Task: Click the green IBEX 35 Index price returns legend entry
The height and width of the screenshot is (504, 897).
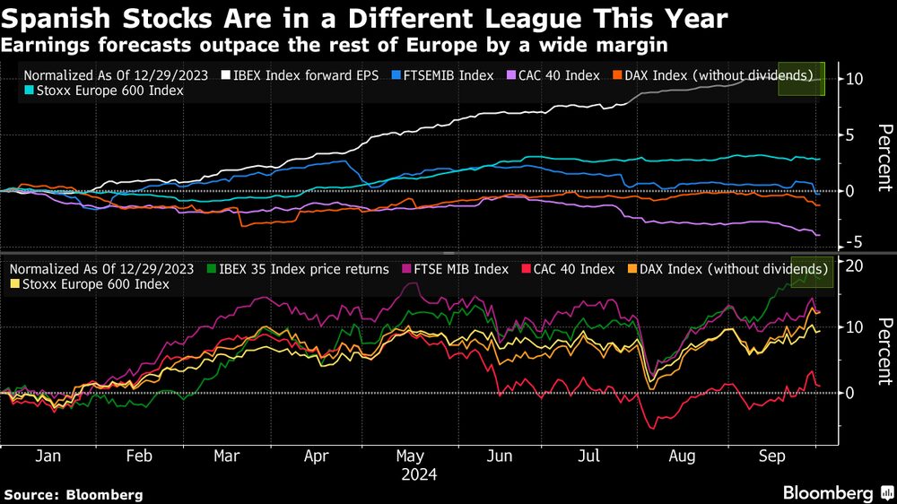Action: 297,269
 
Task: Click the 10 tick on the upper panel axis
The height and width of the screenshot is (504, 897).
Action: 854,79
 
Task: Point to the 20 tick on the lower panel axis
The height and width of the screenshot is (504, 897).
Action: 854,265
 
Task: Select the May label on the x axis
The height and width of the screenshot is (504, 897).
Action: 410,456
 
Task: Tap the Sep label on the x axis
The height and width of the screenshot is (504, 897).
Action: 772,456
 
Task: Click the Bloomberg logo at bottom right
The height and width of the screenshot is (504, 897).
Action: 833,493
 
